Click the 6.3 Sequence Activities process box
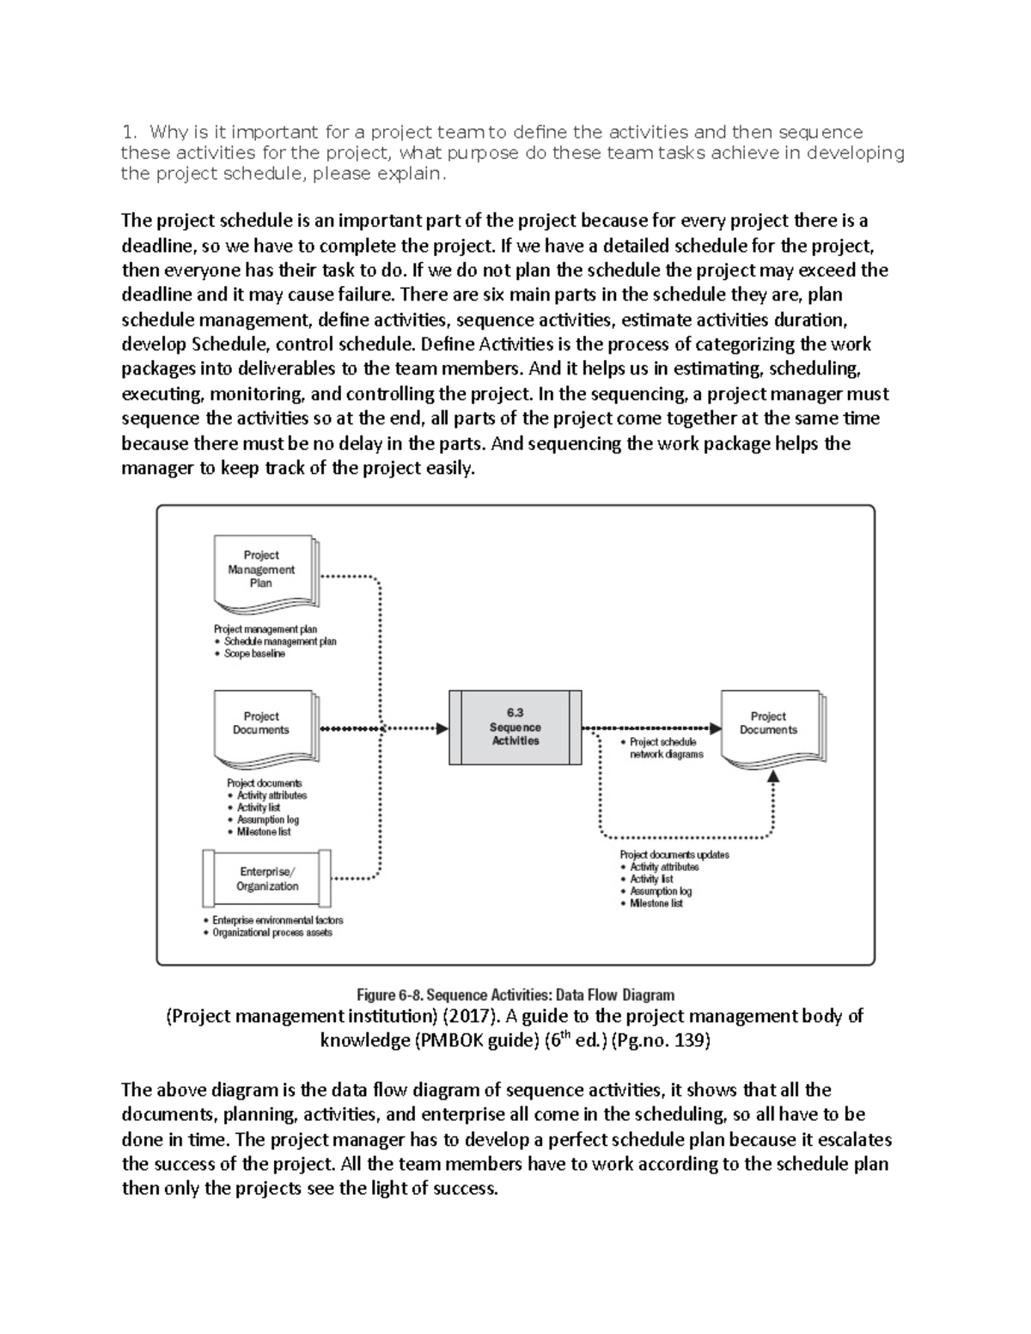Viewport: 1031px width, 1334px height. click(515, 727)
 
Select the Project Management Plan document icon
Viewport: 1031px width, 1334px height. click(262, 570)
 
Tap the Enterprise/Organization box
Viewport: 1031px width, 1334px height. click(267, 879)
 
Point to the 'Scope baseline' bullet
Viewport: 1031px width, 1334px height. click(254, 654)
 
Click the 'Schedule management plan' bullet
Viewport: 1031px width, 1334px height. click(280, 642)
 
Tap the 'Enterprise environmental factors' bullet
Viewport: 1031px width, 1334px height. click(277, 920)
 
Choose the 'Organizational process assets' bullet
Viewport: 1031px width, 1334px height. click(271, 932)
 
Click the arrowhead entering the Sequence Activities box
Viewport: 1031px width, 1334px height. click(442, 728)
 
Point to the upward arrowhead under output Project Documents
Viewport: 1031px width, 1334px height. click(773, 776)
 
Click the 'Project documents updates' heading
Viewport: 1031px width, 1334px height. click(674, 855)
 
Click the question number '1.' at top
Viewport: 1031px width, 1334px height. click(129, 132)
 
